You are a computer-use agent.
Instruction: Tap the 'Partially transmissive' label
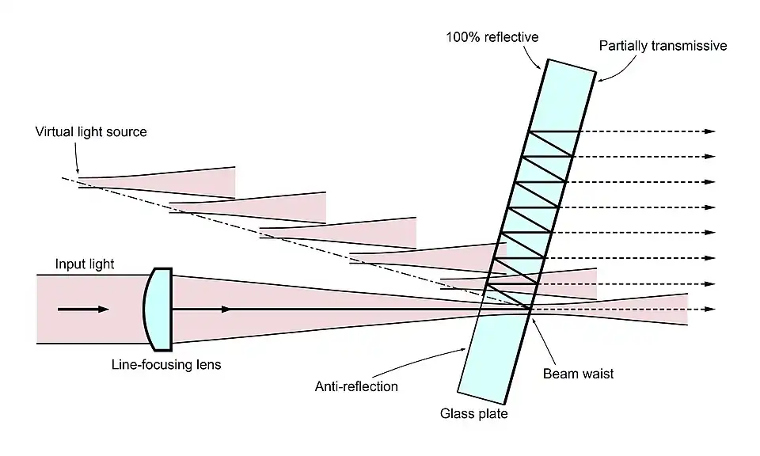662,46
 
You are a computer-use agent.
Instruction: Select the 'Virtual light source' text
91,132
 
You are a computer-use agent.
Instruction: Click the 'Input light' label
85,264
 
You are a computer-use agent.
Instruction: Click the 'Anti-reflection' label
356,386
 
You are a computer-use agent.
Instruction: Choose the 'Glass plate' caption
473,413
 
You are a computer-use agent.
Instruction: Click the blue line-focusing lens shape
161,309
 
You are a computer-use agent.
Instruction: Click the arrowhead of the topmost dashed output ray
709,131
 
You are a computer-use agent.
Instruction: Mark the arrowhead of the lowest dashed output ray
709,309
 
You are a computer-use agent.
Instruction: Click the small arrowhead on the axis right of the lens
227,309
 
